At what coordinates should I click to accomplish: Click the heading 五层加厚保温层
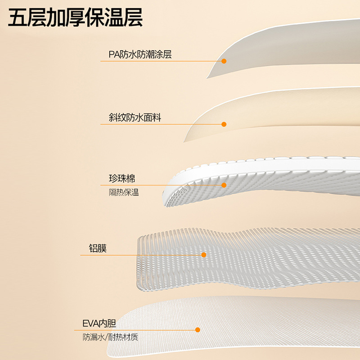click(76, 18)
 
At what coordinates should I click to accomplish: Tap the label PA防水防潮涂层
click(140, 55)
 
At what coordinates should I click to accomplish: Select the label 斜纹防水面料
click(135, 118)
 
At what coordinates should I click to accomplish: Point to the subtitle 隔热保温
click(124, 193)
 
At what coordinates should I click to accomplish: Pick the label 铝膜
click(98, 248)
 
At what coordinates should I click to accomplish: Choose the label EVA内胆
click(99, 324)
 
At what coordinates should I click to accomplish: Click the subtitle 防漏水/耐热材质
click(113, 337)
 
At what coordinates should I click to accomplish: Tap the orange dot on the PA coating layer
click(224, 61)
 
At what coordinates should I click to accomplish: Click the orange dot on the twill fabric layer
click(224, 124)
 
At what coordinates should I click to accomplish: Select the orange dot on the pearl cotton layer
click(224, 185)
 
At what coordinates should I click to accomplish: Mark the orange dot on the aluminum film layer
click(204, 255)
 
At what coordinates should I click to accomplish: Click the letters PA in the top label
click(113, 55)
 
